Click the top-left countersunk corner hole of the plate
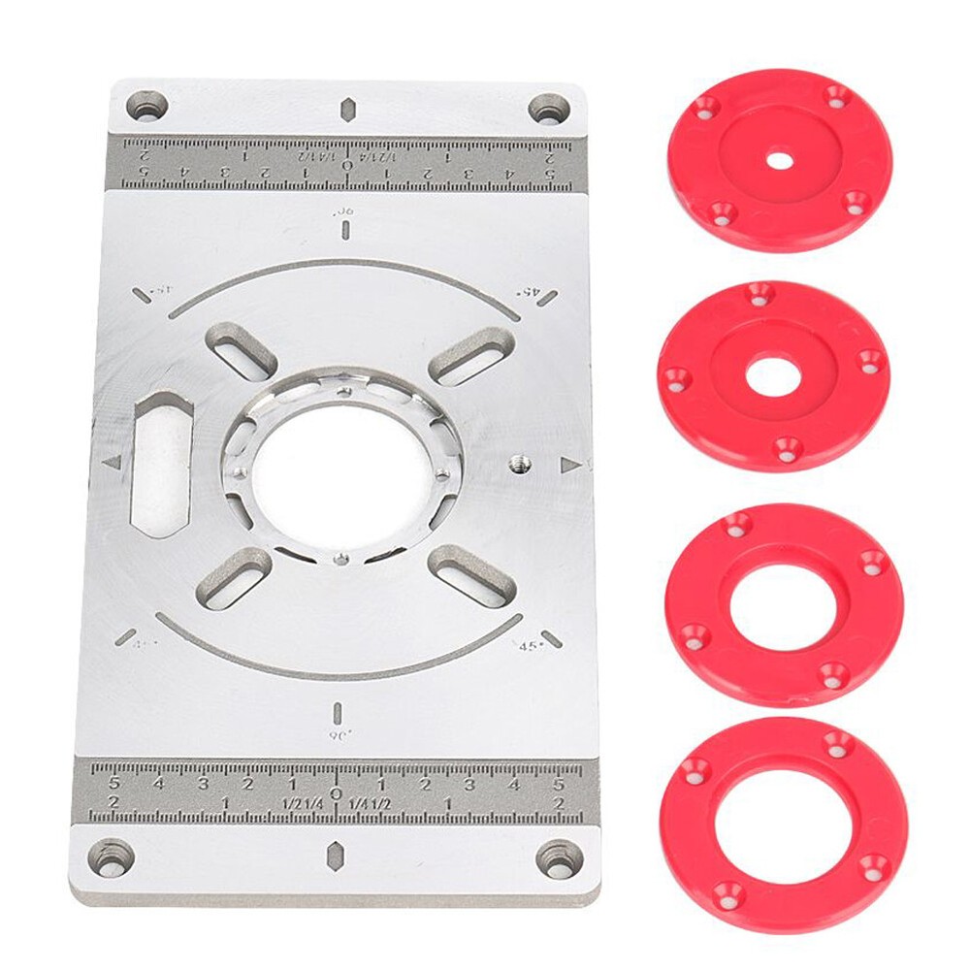[x=147, y=105]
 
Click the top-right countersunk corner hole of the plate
[x=549, y=108]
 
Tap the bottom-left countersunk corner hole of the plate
[x=112, y=857]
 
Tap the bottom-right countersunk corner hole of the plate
[x=560, y=859]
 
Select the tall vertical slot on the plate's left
[x=162, y=464]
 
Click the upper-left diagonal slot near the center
[x=242, y=351]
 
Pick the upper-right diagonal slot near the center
[x=470, y=356]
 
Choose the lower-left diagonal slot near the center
[x=234, y=579]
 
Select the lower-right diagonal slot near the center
[x=471, y=575]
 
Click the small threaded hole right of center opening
[x=517, y=463]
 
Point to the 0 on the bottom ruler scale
[x=336, y=793]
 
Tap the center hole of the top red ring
[x=780, y=159]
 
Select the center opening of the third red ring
[x=782, y=607]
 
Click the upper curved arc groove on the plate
[x=344, y=265]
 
